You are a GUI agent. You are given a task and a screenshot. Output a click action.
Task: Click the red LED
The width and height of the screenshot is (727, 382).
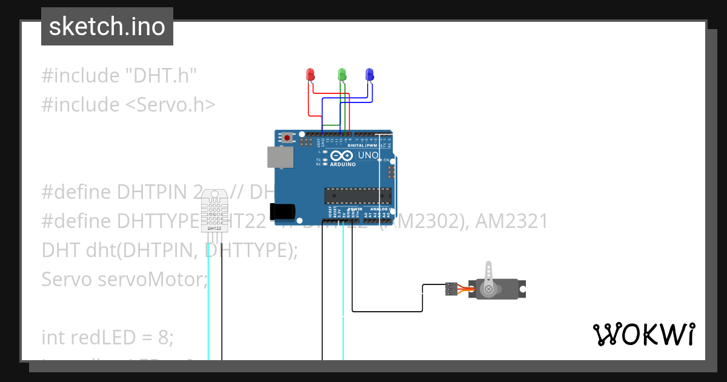point(311,75)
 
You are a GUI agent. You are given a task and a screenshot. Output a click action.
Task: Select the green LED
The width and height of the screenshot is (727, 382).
point(342,75)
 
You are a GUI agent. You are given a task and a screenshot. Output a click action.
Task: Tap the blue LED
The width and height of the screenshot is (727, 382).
point(370,75)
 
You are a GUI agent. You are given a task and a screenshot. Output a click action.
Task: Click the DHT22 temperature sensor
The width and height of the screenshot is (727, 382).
point(214,210)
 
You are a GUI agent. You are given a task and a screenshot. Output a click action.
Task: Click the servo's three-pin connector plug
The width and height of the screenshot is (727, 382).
point(451,289)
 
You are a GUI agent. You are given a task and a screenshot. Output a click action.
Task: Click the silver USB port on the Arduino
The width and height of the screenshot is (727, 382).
point(280,156)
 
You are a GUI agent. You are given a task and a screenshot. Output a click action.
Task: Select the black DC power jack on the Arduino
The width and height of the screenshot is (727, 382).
point(282,211)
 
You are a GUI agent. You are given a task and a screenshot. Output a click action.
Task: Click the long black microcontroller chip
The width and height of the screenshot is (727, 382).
point(357,196)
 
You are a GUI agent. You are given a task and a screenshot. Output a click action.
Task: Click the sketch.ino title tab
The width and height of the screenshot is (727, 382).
point(107,27)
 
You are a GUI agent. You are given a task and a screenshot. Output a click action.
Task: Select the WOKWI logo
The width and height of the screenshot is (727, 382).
point(643,334)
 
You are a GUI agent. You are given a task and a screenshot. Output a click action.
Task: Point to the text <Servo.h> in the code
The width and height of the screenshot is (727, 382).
point(170,105)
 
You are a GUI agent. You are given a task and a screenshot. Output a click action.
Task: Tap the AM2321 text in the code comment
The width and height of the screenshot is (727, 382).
point(511,221)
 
